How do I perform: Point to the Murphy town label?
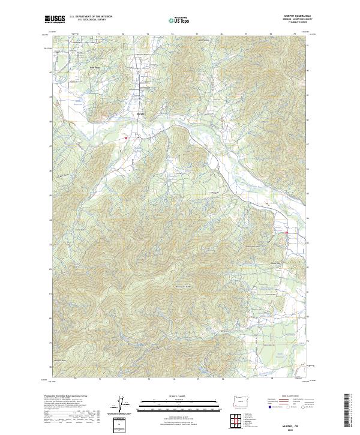coord(141,112)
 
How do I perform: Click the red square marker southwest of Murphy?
coord(127,139)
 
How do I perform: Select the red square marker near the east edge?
coord(287,233)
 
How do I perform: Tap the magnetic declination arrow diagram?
coord(124,404)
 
